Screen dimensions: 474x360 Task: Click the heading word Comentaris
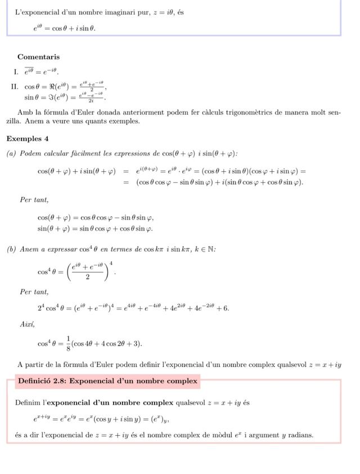click(38, 57)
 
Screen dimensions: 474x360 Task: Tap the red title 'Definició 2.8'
click(107, 381)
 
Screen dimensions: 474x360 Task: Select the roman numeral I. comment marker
click(16, 71)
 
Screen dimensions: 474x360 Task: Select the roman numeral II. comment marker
click(15, 87)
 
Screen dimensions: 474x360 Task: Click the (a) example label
click(10, 154)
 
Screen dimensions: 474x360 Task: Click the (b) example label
click(11, 249)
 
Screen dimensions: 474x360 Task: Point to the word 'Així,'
click(27, 324)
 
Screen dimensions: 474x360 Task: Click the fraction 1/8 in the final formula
click(67, 343)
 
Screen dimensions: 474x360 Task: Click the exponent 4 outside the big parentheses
click(111, 263)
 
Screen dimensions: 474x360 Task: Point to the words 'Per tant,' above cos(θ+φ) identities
click(34, 200)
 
